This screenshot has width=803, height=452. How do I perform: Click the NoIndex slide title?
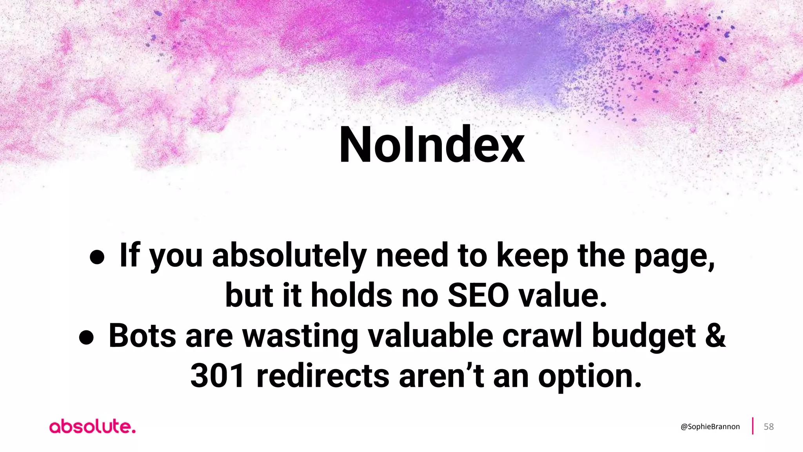[x=431, y=145]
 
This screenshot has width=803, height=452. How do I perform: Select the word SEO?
[x=478, y=296]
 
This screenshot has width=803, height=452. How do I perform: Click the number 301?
[x=218, y=376]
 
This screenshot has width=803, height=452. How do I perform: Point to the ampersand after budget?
[x=716, y=336]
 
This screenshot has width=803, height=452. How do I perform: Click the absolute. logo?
[x=93, y=427]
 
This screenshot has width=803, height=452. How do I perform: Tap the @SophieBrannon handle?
[x=710, y=427]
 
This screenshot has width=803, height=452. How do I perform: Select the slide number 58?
[x=768, y=427]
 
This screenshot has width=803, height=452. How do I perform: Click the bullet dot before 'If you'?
[x=97, y=257]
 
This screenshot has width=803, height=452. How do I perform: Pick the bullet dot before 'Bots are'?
[x=86, y=337]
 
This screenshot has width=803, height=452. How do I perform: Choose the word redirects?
[x=323, y=376]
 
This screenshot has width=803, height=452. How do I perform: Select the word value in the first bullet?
[x=563, y=296]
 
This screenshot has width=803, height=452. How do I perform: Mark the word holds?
[x=351, y=296]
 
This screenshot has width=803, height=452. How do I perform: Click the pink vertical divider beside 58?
[x=753, y=426]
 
